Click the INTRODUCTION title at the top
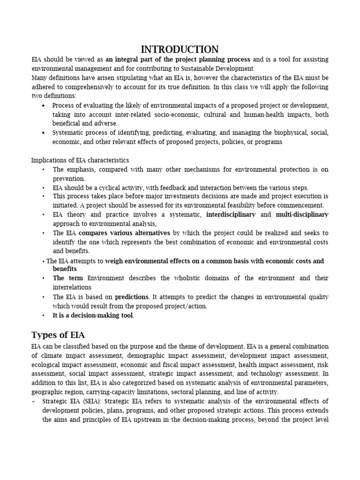[x=180, y=49]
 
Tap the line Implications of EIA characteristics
[x=80, y=160]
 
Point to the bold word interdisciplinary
[x=231, y=214]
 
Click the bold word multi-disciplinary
[x=302, y=214]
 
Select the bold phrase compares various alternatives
[x=124, y=233]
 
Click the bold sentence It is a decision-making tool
[x=93, y=315]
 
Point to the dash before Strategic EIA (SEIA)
[x=33, y=401]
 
